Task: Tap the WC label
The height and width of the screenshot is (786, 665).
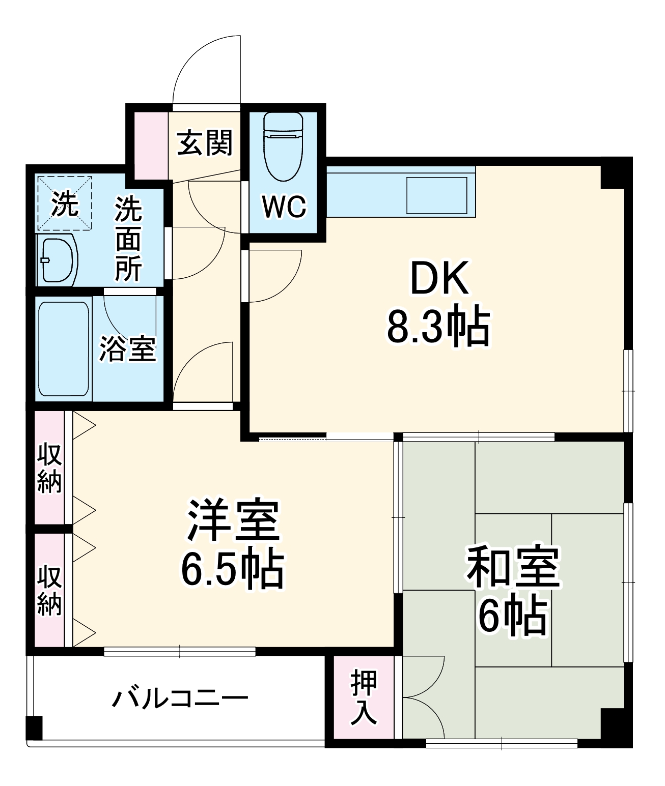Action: click(x=284, y=207)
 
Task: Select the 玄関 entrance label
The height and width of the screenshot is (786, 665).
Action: click(x=205, y=142)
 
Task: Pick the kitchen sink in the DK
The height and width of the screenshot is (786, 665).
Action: click(x=436, y=195)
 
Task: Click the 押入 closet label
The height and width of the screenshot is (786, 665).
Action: click(x=364, y=697)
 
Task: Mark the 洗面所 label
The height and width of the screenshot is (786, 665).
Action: click(x=128, y=238)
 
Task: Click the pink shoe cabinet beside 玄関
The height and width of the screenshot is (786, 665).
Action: click(x=151, y=145)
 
